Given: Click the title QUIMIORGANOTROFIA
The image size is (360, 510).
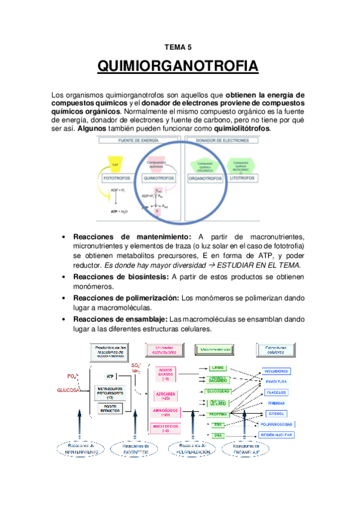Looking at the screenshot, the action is click(x=177, y=67).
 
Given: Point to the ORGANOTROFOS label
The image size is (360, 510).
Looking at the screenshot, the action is click(x=207, y=179).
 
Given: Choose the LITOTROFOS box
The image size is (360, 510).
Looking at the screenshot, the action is click(x=241, y=179).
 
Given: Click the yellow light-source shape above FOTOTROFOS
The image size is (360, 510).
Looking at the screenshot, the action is click(x=116, y=162).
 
